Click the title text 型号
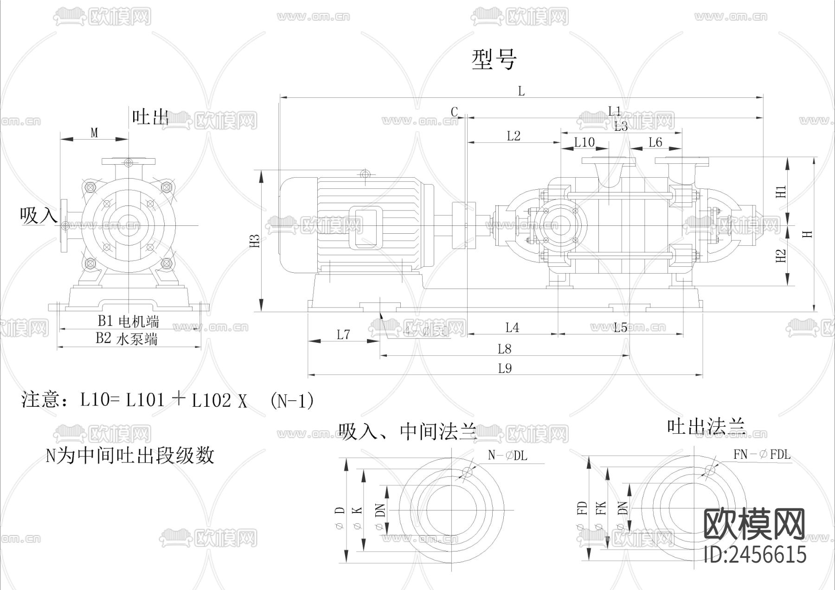pyautogui.click(x=494, y=60)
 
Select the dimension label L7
pyautogui.click(x=343, y=334)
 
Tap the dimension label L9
pyautogui.click(x=505, y=369)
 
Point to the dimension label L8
pyautogui.click(x=504, y=349)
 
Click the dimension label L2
pyautogui.click(x=514, y=136)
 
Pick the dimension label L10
pyautogui.click(x=584, y=142)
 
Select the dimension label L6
pyautogui.click(x=655, y=142)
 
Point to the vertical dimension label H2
pyautogui.click(x=781, y=256)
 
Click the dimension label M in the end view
pyautogui.click(x=94, y=133)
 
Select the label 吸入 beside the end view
pyautogui.click(x=39, y=216)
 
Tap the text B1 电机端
pyautogui.click(x=128, y=321)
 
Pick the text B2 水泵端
pyautogui.click(x=127, y=339)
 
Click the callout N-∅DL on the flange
pyautogui.click(x=507, y=455)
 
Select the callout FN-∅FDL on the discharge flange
pyautogui.click(x=762, y=455)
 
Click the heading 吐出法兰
pyautogui.click(x=706, y=426)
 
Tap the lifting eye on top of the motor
pyautogui.click(x=366, y=174)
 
